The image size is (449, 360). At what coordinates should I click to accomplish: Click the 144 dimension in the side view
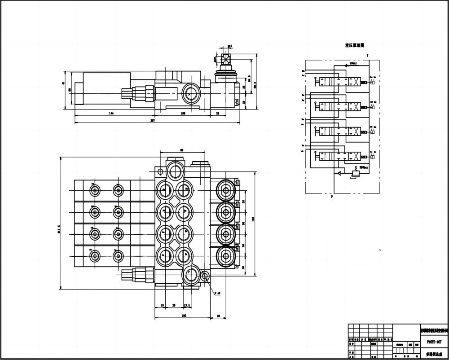(111, 113)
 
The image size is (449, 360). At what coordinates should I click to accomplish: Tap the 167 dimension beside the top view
(253, 220)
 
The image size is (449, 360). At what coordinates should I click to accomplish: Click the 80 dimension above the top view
(182, 150)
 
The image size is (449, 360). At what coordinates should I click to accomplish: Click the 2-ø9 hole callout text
(217, 294)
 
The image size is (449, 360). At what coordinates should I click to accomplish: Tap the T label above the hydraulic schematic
(367, 55)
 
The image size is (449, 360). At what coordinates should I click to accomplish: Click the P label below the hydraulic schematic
(332, 197)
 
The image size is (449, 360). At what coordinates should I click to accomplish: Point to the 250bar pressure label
(363, 167)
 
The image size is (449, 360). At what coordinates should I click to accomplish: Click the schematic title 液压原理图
(354, 45)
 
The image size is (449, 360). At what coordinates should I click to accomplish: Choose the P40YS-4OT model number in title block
(433, 341)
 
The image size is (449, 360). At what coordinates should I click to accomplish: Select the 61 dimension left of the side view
(63, 83)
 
